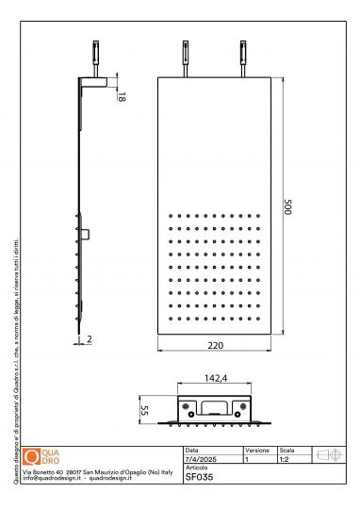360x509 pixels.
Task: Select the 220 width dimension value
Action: (216, 345)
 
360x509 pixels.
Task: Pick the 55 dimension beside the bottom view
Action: (146, 411)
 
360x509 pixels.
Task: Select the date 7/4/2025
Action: (199, 458)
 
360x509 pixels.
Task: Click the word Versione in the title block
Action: (257, 451)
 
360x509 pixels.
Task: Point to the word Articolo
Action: (197, 467)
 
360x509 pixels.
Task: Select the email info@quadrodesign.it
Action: (53, 478)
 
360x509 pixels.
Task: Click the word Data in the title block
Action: (192, 451)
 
